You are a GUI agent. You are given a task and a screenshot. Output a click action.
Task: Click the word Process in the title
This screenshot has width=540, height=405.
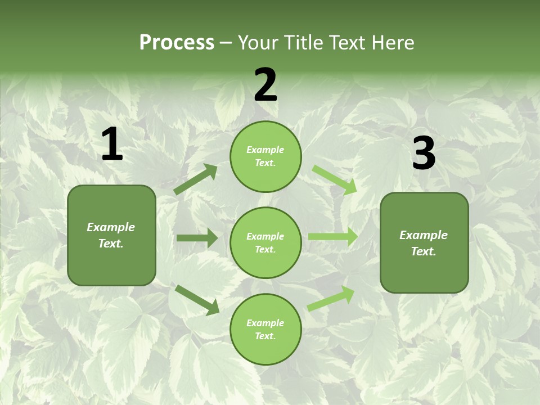click(177, 43)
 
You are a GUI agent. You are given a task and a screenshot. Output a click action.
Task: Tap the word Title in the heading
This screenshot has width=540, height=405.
click(304, 43)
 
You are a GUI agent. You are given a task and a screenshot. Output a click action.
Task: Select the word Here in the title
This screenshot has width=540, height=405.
click(392, 43)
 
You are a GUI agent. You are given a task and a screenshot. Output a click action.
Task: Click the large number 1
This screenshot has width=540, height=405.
click(112, 145)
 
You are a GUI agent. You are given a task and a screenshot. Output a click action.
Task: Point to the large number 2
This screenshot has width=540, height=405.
click(265, 85)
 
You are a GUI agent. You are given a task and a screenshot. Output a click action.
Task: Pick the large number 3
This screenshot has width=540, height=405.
click(424, 154)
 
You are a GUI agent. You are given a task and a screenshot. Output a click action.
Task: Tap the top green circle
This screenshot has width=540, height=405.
click(265, 156)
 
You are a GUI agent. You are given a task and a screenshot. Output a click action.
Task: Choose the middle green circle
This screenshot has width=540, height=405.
click(265, 242)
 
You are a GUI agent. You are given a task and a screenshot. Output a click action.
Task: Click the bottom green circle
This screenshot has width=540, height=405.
click(265, 329)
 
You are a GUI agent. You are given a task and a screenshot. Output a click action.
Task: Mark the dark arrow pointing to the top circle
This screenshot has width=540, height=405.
click(196, 179)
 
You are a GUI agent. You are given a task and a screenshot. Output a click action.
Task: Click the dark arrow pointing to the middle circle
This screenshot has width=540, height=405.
click(197, 238)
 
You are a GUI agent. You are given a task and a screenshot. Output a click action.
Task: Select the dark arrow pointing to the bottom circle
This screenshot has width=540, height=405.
click(197, 299)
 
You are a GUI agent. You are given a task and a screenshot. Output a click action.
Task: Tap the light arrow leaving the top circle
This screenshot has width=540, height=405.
click(335, 179)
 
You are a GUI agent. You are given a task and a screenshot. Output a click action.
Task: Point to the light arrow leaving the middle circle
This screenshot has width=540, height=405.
click(332, 237)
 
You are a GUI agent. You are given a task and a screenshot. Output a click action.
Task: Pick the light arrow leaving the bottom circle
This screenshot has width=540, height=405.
click(331, 298)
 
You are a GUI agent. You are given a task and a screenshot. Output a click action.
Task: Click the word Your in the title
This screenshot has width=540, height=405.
click(257, 43)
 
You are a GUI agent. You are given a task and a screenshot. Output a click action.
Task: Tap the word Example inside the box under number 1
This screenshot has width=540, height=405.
click(111, 227)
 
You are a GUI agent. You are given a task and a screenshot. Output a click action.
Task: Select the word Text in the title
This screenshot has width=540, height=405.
click(346, 43)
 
